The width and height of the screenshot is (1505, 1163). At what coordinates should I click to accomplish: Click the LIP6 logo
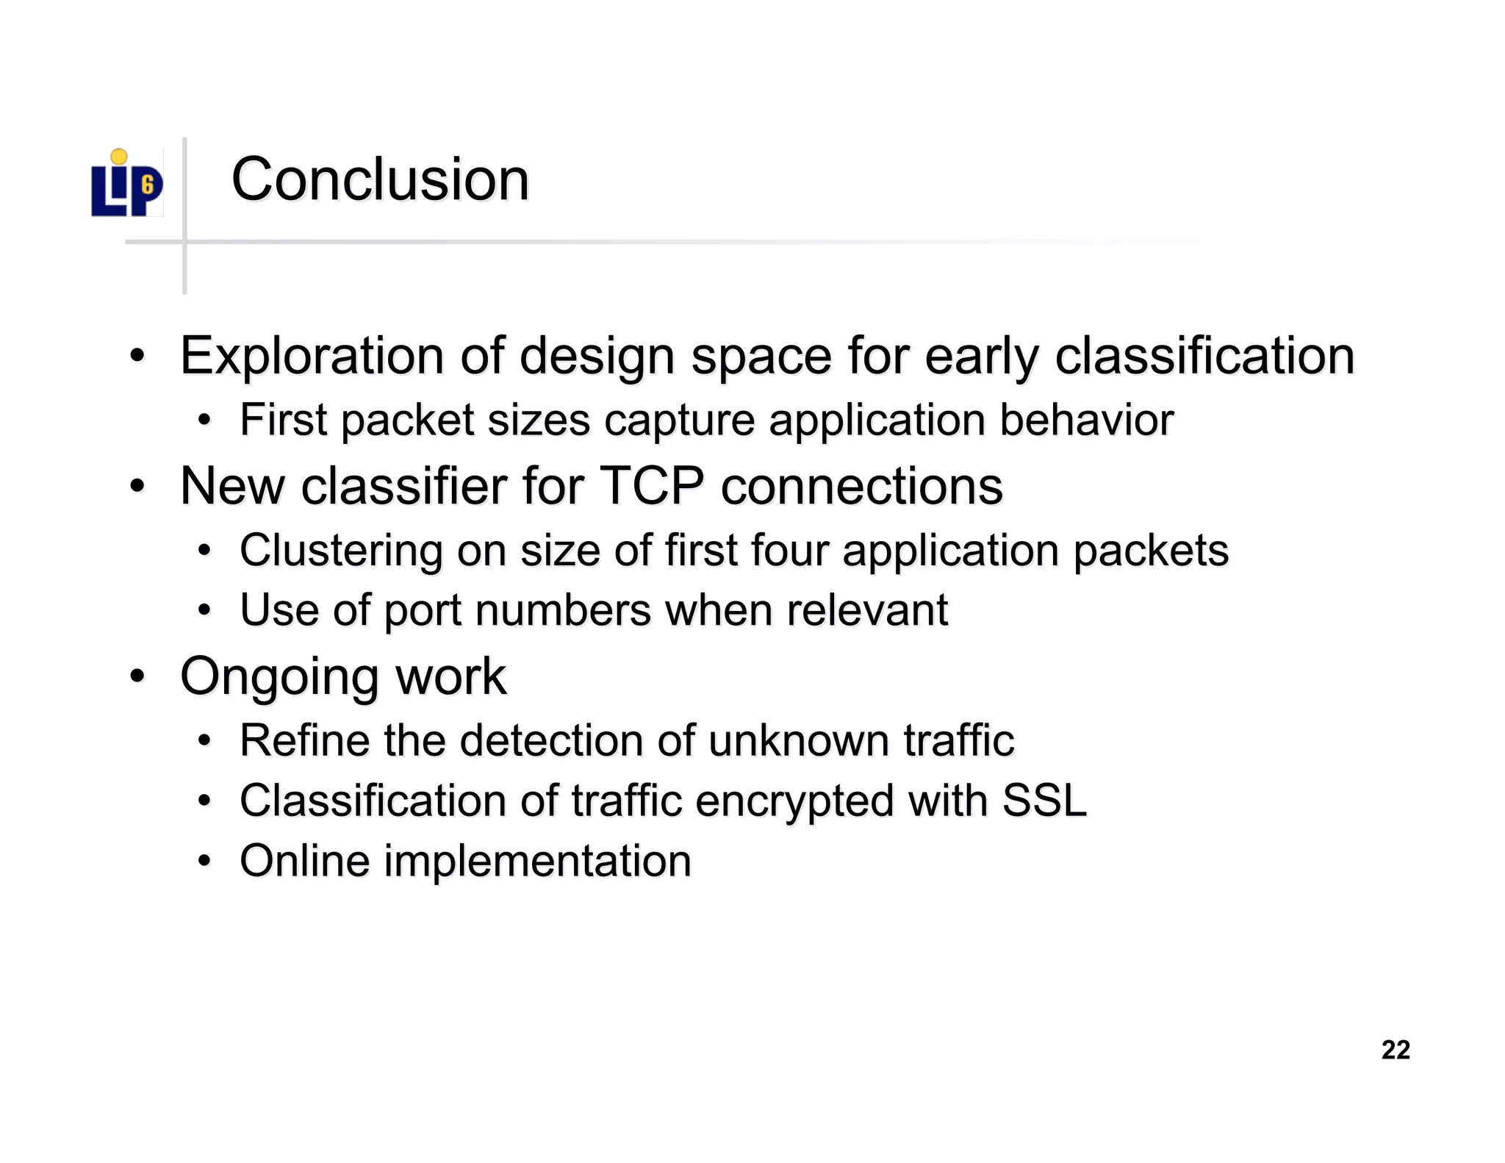click(x=126, y=185)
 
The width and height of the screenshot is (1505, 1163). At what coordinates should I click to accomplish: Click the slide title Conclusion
click(x=380, y=179)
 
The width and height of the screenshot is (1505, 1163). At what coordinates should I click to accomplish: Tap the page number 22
click(x=1396, y=1049)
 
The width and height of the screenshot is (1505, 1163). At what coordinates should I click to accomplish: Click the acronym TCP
click(x=652, y=486)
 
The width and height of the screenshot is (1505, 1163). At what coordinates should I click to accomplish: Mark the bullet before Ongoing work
click(x=137, y=676)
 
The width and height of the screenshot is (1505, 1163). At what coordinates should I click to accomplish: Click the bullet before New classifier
click(x=137, y=486)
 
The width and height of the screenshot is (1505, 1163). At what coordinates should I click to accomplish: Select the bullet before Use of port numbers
click(x=204, y=610)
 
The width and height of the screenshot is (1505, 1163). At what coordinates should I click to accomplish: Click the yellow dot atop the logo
click(x=119, y=157)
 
